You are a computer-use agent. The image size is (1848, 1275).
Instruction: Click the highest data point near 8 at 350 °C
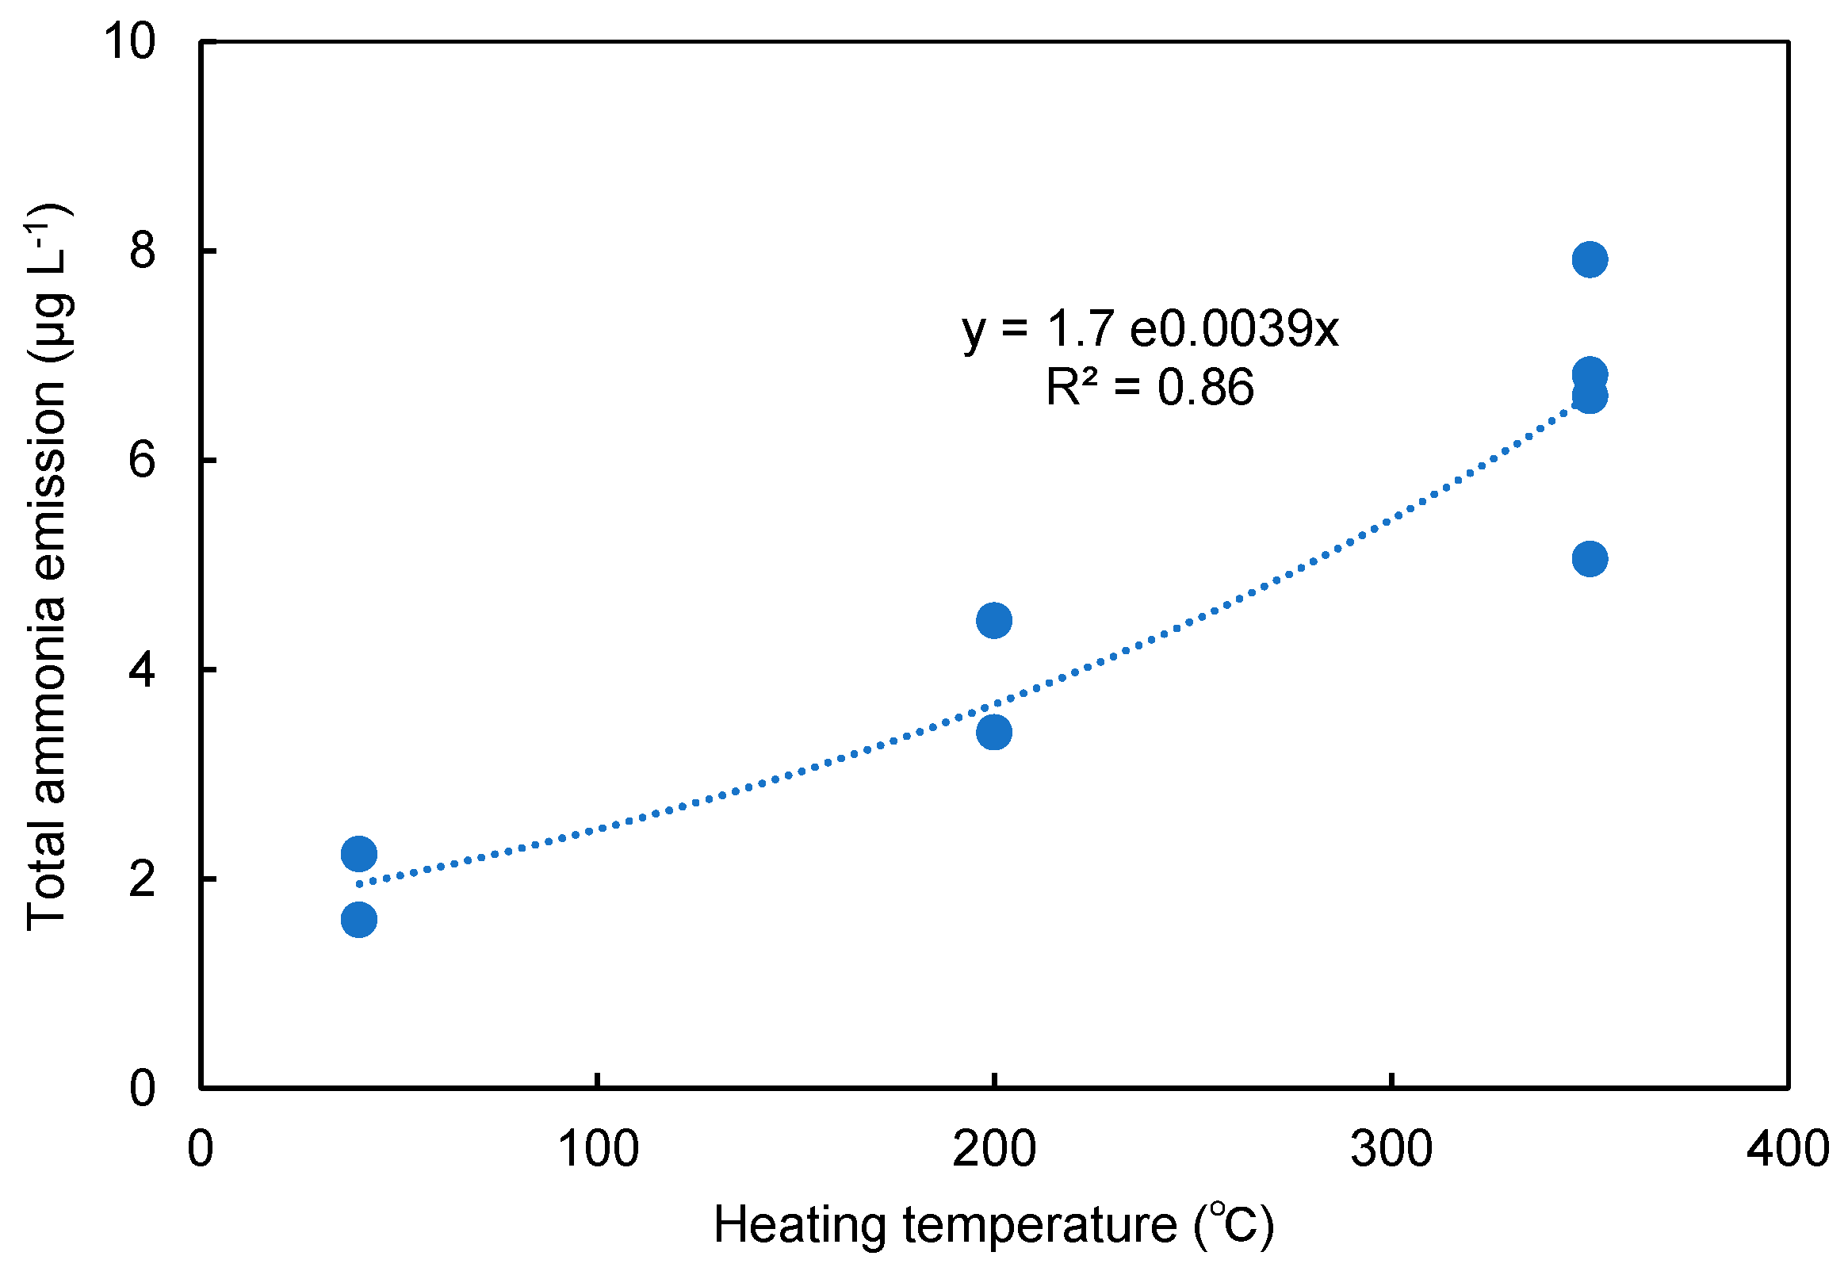pos(1590,258)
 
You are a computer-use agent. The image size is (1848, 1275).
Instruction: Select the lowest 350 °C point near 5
pos(1590,558)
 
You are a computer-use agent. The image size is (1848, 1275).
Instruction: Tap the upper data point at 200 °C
pos(993,620)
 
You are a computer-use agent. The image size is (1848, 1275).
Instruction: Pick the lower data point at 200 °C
pos(993,732)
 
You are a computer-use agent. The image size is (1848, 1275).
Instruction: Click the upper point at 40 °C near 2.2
pos(358,854)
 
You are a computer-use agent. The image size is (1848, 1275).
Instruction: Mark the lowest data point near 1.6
pos(358,920)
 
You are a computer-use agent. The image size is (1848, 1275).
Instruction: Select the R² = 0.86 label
pos(1150,388)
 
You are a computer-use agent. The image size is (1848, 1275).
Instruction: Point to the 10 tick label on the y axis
pos(129,40)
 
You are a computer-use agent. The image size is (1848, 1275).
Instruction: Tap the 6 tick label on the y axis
pos(142,460)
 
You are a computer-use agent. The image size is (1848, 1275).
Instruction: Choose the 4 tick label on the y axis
pos(142,669)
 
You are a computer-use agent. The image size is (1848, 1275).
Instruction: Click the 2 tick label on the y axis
pos(142,879)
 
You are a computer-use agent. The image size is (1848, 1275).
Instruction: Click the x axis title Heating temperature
pos(993,1225)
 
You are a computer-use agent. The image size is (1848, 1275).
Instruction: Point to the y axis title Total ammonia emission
pos(48,567)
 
